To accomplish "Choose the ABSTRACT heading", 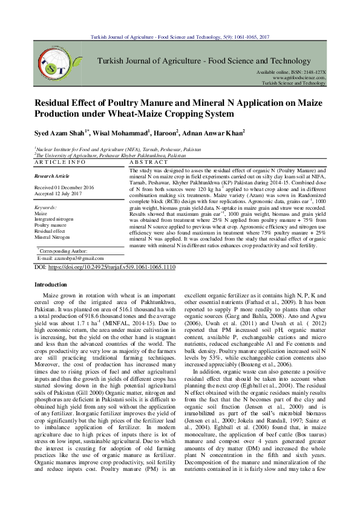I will (x=149, y=163).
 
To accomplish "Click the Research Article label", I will (x=53, y=176).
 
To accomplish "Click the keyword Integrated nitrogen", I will (x=54, y=219).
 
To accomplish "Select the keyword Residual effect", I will (x=51, y=232).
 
